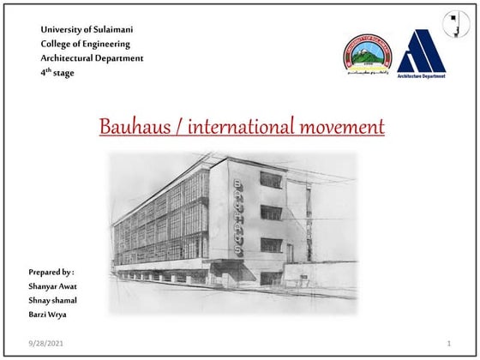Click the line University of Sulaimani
(x=87, y=30)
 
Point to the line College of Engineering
(x=86, y=45)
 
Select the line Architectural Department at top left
(x=93, y=58)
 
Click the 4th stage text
(x=57, y=73)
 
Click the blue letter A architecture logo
(x=421, y=51)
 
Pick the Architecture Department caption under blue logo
(x=421, y=76)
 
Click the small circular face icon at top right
(x=455, y=23)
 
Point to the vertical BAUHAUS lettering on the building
(x=239, y=217)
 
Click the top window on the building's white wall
(x=271, y=179)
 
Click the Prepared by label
(x=51, y=271)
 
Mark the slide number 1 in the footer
(x=448, y=344)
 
